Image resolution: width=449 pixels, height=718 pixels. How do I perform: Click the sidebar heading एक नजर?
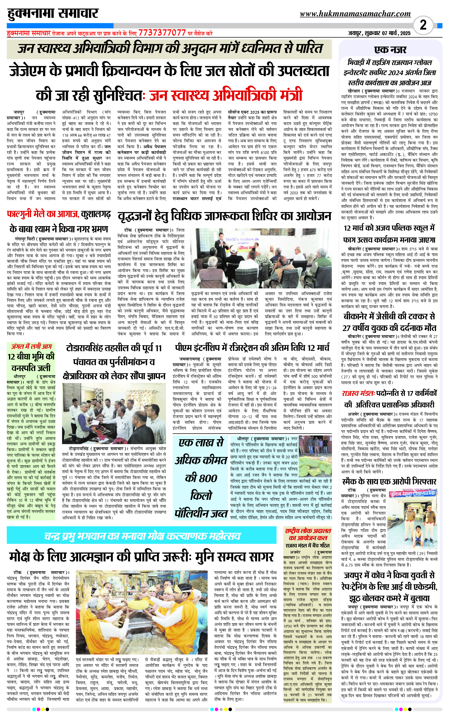[390, 50]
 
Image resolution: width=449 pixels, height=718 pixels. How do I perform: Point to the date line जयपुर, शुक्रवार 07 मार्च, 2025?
[379, 33]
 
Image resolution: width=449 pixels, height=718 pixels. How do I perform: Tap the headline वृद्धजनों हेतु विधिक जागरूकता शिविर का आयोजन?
[224, 216]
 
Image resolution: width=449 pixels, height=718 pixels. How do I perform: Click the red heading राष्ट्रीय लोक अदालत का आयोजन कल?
[308, 534]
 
